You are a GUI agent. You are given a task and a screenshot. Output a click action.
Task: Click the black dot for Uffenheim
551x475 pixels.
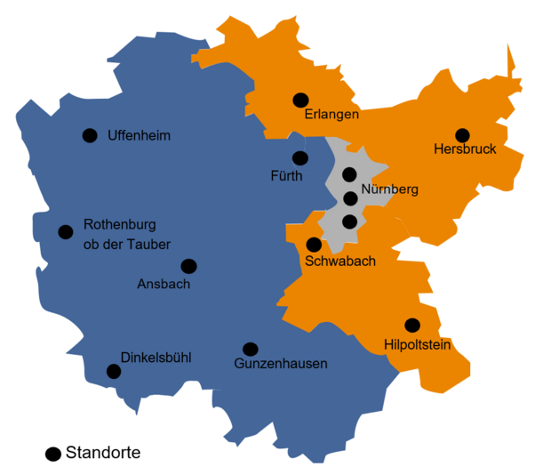point(90,135)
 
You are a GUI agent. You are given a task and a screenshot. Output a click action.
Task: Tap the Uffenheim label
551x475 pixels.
point(139,136)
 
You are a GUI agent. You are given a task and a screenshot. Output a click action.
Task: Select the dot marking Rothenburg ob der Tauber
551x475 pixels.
point(65,232)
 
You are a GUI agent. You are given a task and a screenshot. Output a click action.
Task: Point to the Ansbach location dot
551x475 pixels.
point(188,266)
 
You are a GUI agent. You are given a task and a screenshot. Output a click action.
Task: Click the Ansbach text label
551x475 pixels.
point(164,285)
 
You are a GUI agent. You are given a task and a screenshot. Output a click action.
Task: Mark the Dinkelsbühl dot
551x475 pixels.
point(114,371)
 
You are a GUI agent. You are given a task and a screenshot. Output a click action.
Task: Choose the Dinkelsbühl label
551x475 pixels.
point(156,358)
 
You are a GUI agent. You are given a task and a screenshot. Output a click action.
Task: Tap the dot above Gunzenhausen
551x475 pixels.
point(251,349)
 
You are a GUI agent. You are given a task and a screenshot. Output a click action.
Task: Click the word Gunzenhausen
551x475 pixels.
point(281,364)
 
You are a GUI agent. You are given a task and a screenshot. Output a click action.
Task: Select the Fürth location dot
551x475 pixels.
point(300,158)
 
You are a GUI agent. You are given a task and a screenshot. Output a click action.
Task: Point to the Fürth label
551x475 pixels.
point(286,176)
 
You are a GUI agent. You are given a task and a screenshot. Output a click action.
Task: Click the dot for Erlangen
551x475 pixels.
point(300,101)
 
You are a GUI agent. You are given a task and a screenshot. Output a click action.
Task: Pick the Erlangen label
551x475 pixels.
point(331,116)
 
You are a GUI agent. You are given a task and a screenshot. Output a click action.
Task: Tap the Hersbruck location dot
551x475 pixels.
point(462,135)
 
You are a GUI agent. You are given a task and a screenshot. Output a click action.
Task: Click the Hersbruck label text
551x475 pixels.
point(465,149)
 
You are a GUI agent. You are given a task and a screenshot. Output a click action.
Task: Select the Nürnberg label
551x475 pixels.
point(390,189)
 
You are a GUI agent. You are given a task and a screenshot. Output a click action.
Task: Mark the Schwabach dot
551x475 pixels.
point(314,245)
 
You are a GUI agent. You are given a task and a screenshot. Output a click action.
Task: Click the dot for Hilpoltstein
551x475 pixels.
point(411,326)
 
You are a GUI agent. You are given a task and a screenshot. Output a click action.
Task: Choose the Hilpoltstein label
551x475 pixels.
point(419,344)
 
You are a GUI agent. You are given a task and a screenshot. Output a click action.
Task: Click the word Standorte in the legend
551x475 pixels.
point(103,453)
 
